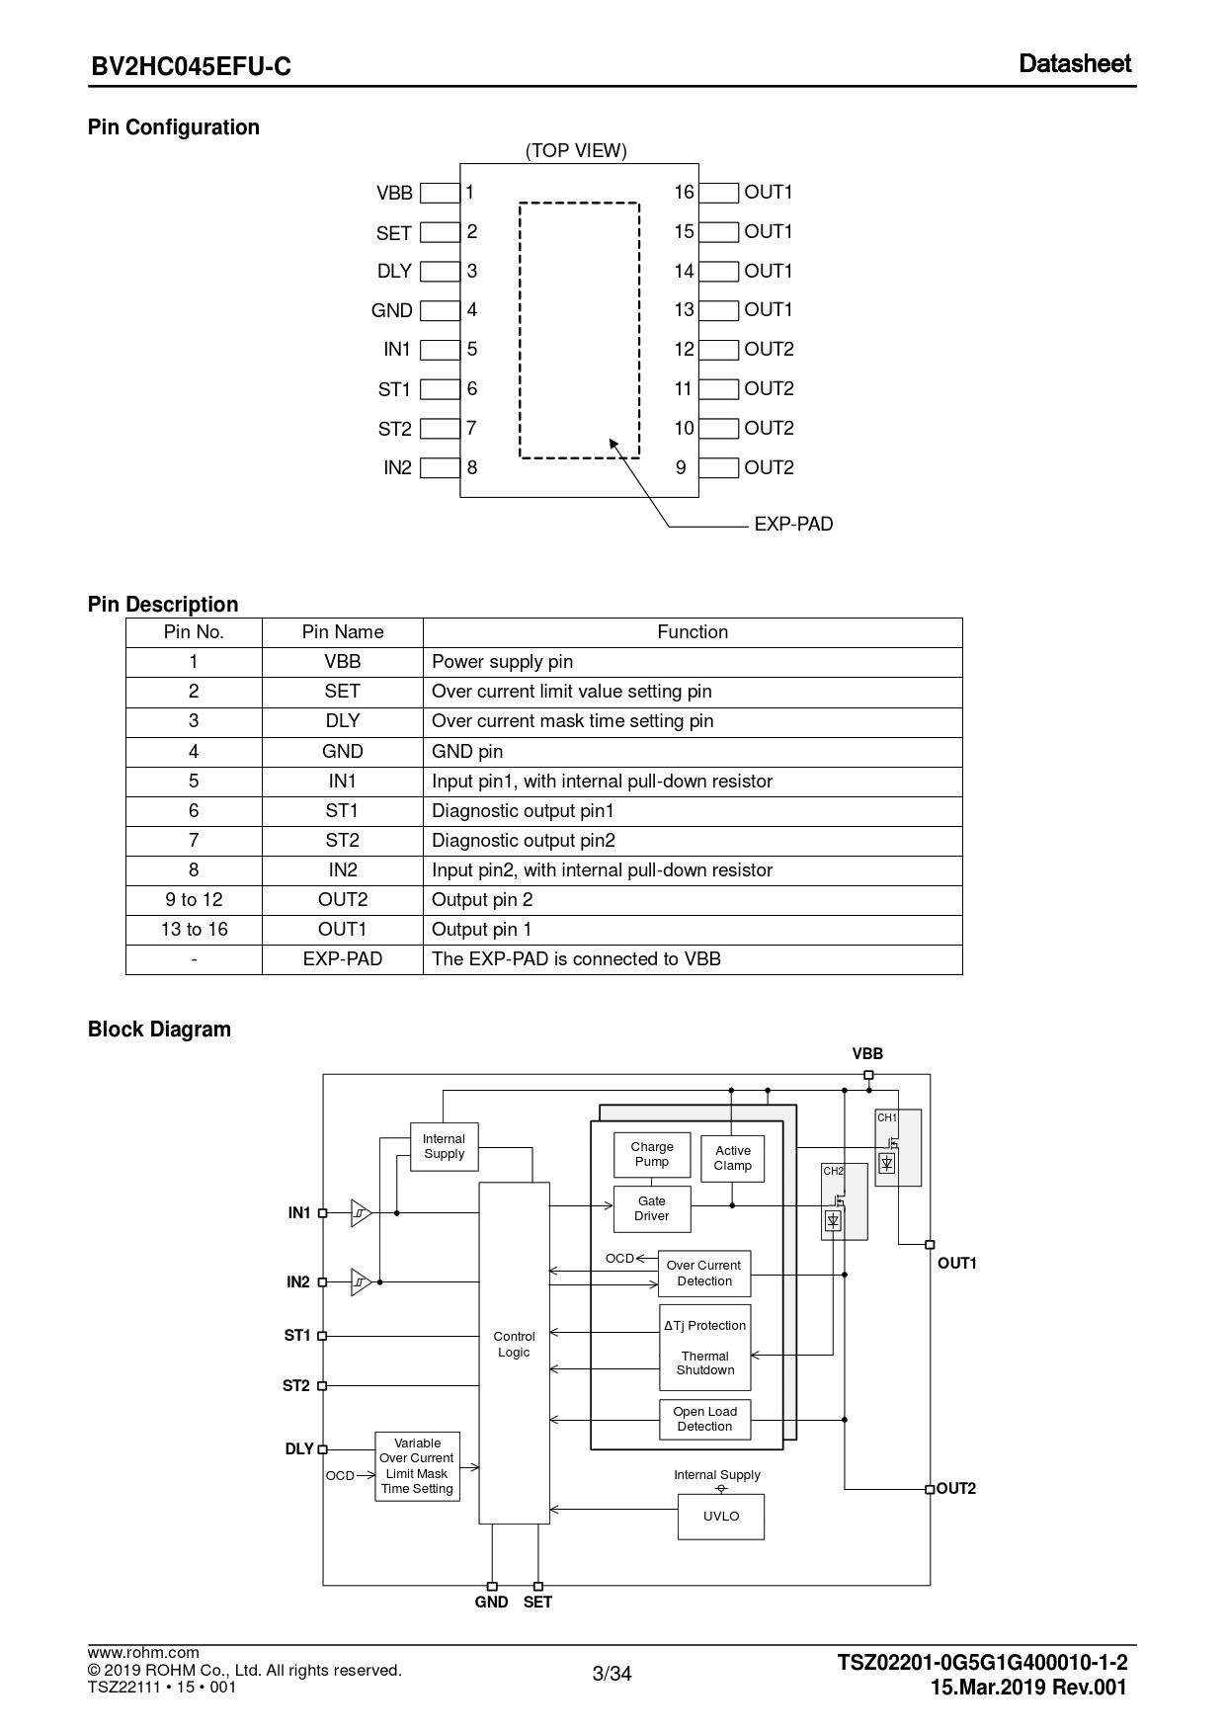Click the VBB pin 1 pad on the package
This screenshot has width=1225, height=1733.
pyautogui.click(x=440, y=193)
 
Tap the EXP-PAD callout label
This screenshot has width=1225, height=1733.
pyautogui.click(x=793, y=525)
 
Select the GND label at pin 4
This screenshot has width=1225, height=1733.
pyautogui.click(x=391, y=310)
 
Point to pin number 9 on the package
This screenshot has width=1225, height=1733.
pyautogui.click(x=681, y=468)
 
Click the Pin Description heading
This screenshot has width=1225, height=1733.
pyautogui.click(x=163, y=605)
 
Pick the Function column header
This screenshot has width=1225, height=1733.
pyautogui.click(x=693, y=632)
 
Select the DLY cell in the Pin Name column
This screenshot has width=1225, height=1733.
pyautogui.click(x=342, y=721)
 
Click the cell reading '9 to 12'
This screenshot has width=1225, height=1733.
pyautogui.click(x=194, y=900)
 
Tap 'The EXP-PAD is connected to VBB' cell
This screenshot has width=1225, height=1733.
pyautogui.click(x=576, y=959)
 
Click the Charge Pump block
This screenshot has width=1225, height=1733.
pyautogui.click(x=652, y=1154)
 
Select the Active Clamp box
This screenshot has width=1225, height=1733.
pyautogui.click(x=732, y=1158)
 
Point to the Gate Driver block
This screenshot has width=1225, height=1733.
pyautogui.click(x=652, y=1209)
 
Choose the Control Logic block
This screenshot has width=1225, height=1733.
pyautogui.click(x=514, y=1345)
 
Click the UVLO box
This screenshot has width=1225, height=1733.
pyautogui.click(x=721, y=1517)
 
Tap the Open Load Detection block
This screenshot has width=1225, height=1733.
pyautogui.click(x=704, y=1419)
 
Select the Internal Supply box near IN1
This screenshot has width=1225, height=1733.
pyautogui.click(x=444, y=1146)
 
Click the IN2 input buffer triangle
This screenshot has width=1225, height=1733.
pyautogui.click(x=361, y=1282)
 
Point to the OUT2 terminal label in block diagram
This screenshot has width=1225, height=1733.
pyautogui.click(x=956, y=1489)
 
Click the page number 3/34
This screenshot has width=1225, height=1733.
pyautogui.click(x=612, y=1674)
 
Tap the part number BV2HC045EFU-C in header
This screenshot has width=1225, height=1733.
pyautogui.click(x=192, y=66)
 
